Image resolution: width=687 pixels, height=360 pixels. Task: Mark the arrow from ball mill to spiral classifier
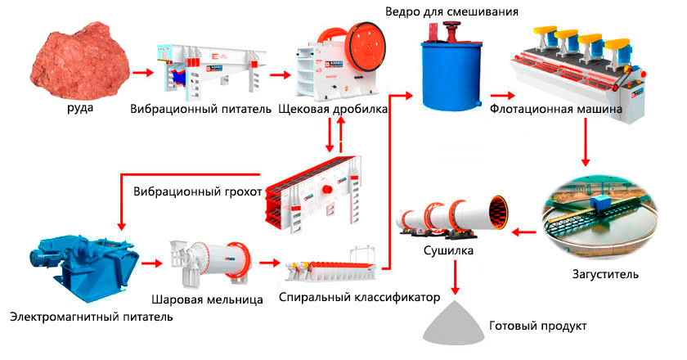pos(267,263)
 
